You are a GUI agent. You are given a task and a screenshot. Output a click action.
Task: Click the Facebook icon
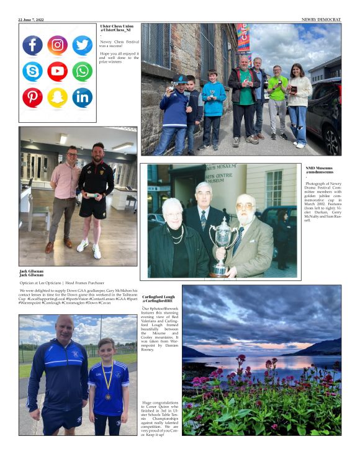tap(32, 45)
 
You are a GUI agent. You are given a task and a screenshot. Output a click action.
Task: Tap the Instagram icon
tap(57, 45)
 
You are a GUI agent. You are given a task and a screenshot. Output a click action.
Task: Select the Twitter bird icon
tap(82, 45)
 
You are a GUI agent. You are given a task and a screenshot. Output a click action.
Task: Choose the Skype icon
tap(32, 71)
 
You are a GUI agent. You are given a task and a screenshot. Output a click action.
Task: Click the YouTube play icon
tap(57, 71)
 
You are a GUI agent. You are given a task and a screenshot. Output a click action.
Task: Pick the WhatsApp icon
tap(82, 71)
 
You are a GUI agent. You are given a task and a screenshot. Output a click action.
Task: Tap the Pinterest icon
tap(32, 97)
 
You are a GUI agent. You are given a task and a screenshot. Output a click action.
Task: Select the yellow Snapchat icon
tap(57, 97)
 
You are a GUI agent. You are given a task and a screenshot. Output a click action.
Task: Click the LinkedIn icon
tap(82, 97)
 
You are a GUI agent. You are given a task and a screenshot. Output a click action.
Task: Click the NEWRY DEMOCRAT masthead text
tap(321, 20)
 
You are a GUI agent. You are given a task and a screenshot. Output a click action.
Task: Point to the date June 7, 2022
tap(33, 20)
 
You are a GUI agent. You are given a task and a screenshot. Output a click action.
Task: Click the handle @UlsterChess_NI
tap(115, 30)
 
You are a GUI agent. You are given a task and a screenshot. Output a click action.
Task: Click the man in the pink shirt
tap(65, 186)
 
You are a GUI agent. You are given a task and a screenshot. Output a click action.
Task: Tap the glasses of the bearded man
tap(245, 207)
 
